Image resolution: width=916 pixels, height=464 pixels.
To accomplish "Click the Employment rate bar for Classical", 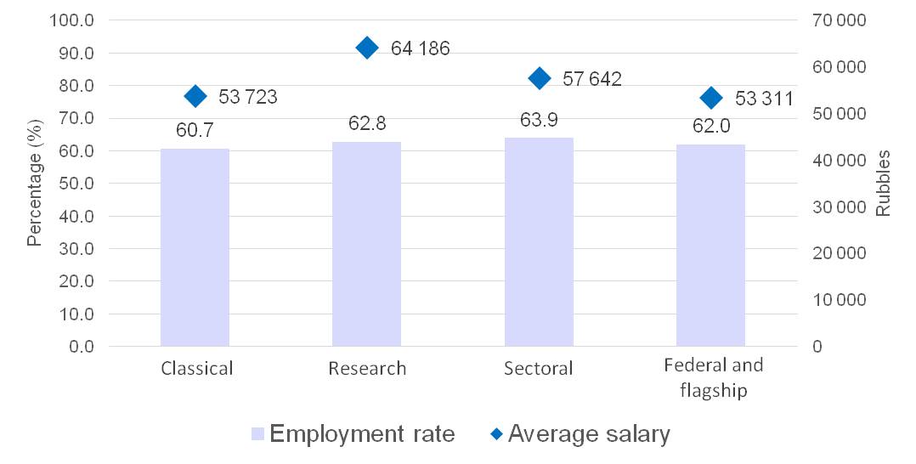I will [x=195, y=247].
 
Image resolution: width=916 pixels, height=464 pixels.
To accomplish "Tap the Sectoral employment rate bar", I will [x=539, y=242].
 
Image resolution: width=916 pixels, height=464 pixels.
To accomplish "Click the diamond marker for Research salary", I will [x=367, y=48].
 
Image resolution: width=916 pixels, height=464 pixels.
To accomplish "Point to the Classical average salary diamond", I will [x=195, y=96].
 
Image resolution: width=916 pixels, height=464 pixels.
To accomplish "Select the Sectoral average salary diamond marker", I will [x=539, y=78].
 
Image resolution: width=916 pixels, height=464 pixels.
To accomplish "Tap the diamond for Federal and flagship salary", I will [x=711, y=99].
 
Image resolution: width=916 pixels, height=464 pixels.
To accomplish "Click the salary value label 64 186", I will [x=420, y=48].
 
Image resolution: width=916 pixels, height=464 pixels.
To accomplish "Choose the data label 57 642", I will [x=592, y=80].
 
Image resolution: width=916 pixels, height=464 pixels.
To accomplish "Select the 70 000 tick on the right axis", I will [x=834, y=20].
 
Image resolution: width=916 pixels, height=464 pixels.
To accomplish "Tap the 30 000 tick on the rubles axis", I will [x=834, y=207].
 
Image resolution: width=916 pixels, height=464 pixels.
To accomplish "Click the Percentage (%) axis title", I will [x=34, y=184].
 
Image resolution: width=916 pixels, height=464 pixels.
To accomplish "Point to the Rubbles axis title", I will [x=884, y=184].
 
